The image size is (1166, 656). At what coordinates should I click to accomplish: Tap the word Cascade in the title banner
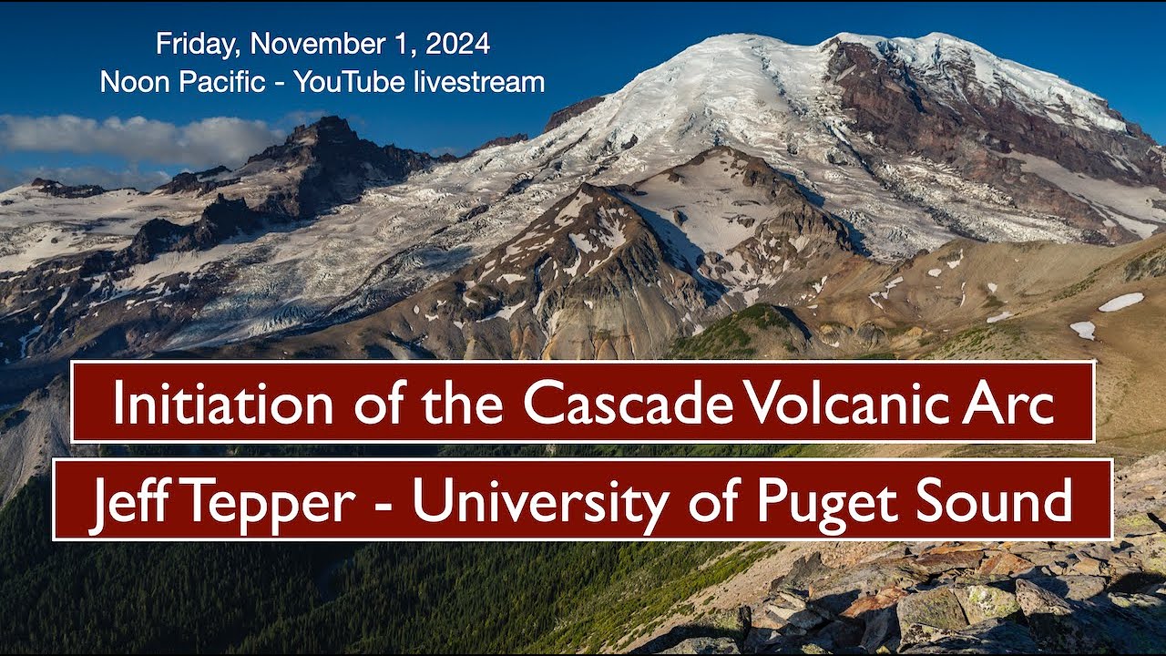click(628, 402)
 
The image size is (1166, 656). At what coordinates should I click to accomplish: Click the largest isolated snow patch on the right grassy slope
click(1120, 302)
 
